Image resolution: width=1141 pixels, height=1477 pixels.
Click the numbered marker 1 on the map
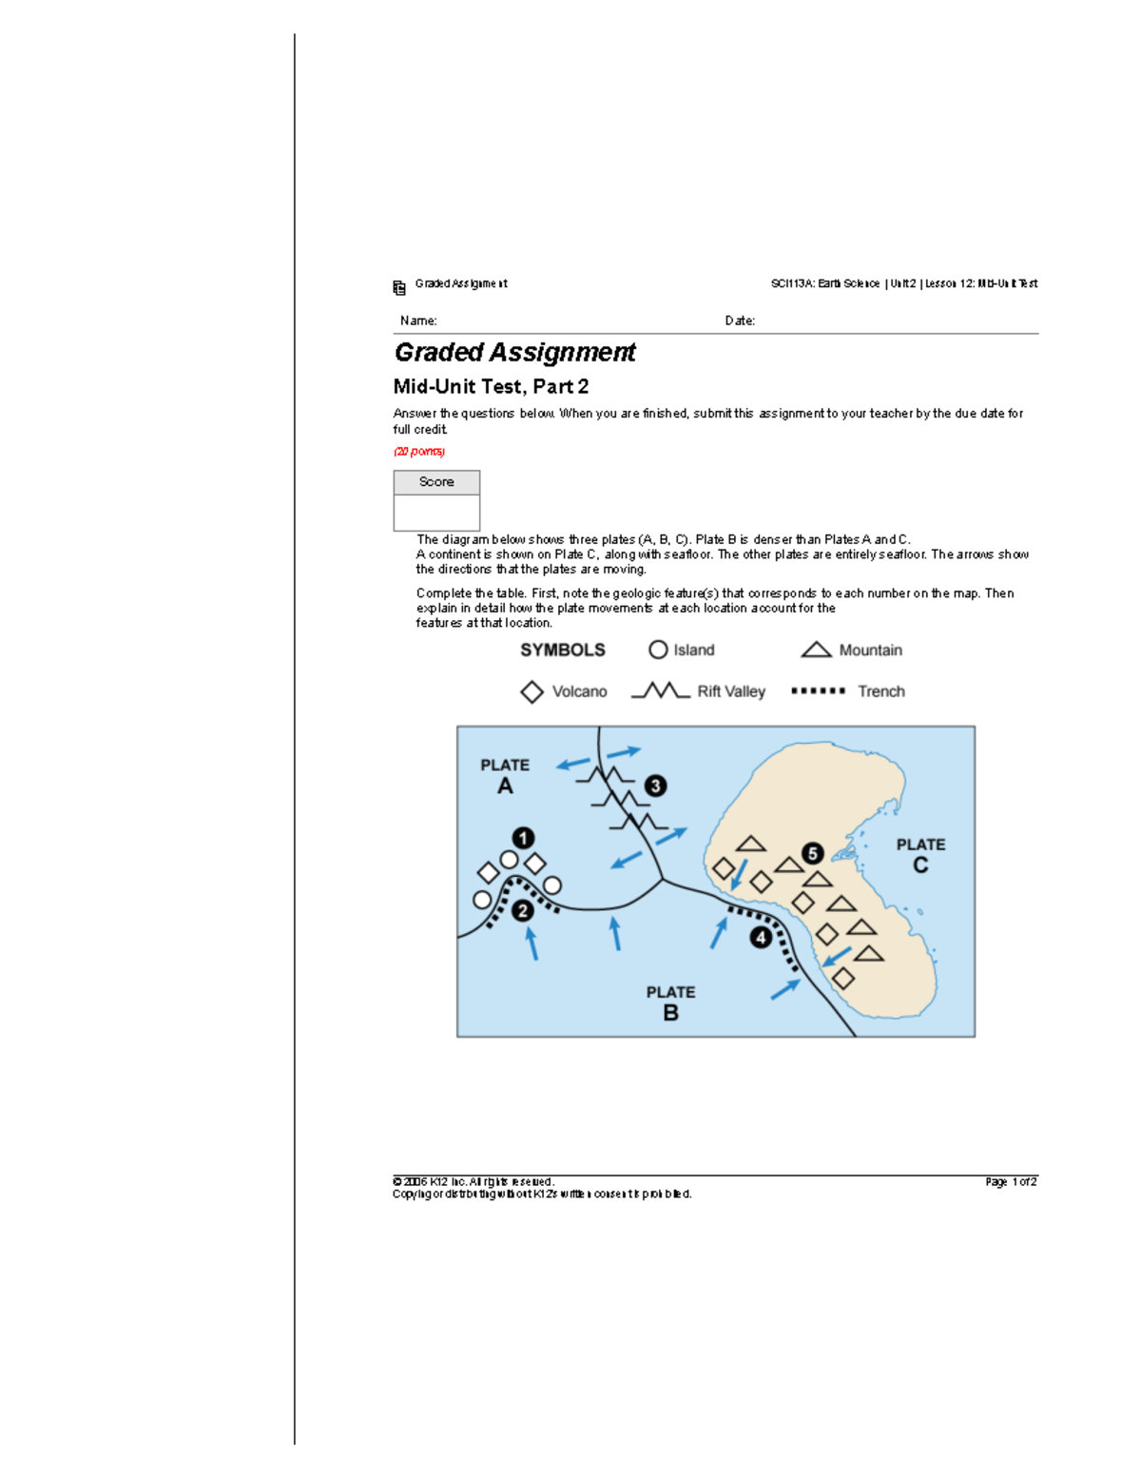[523, 838]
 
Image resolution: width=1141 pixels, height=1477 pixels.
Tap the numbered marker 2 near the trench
[522, 911]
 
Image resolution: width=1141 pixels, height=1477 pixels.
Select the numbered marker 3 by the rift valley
[655, 786]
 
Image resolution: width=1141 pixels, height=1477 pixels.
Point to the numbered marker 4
[761, 938]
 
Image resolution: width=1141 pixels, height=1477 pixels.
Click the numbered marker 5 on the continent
[812, 853]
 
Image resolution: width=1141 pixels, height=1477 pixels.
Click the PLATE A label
[505, 776]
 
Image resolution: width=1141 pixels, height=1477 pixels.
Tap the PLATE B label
[670, 1002]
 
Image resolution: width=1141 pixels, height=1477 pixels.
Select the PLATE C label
[920, 855]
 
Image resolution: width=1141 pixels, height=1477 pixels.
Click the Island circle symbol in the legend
[658, 650]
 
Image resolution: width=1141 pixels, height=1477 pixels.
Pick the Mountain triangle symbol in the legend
[816, 650]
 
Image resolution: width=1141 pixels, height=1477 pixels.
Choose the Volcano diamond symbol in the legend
[532, 691]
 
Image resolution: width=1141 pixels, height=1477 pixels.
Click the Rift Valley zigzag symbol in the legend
[660, 690]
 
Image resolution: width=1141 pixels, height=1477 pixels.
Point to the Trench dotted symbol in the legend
[818, 691]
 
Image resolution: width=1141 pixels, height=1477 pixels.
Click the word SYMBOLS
[562, 650]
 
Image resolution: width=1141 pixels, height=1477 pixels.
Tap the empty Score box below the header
[436, 513]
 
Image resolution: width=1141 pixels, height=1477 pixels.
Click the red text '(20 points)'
[419, 452]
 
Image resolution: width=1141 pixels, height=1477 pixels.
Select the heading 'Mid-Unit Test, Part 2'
[491, 386]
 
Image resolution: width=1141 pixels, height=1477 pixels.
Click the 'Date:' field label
[740, 321]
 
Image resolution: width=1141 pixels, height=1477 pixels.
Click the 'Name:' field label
[418, 321]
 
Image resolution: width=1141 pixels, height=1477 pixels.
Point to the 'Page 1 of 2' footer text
[1011, 1181]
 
